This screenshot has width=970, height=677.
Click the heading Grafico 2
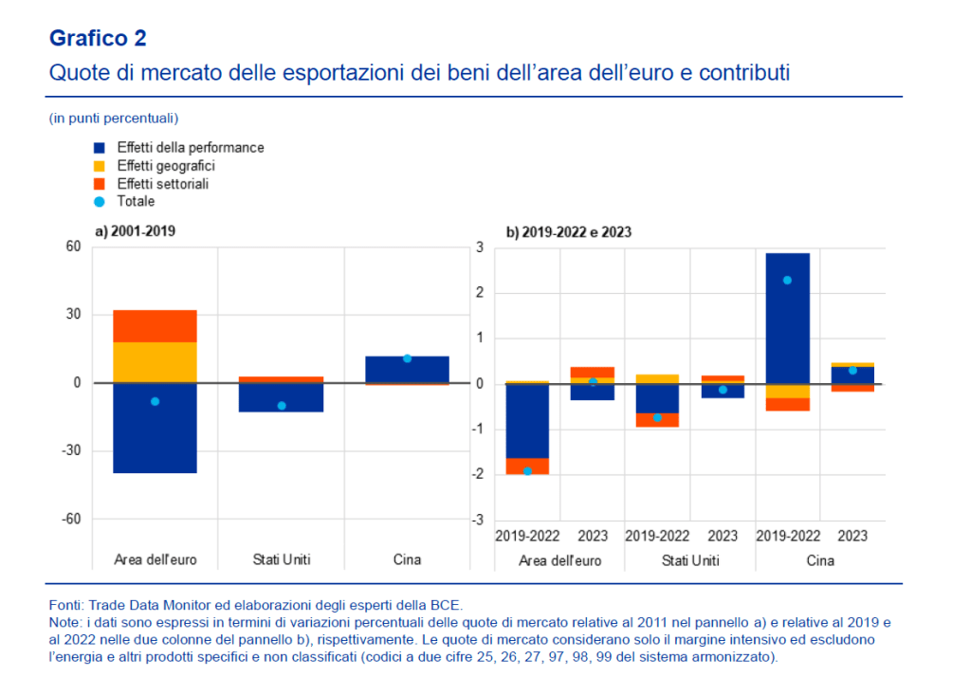[x=98, y=39]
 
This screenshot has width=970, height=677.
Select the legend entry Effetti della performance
[x=191, y=148]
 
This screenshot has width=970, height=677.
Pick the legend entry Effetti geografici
[x=166, y=166]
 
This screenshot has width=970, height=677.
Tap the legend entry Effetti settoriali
[x=162, y=184]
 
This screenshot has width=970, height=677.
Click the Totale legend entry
[x=136, y=202]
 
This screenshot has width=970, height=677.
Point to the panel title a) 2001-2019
[x=136, y=230]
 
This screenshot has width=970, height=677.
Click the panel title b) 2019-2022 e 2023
[x=569, y=231]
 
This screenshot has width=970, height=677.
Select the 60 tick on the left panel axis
[x=73, y=247]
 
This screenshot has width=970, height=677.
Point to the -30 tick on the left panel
[x=69, y=451]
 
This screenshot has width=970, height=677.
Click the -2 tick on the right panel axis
[x=480, y=475]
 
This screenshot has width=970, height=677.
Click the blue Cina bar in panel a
[x=407, y=369]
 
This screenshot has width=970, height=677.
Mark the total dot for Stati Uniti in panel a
[x=282, y=406]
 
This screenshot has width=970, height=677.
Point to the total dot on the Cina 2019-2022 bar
[x=787, y=281]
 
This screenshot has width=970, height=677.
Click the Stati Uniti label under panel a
[x=281, y=559]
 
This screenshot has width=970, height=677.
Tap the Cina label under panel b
[x=819, y=560]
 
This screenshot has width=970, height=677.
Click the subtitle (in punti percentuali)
[x=114, y=119]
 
